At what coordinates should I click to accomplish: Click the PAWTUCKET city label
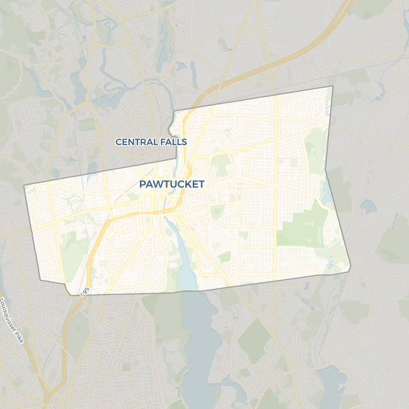[171, 184]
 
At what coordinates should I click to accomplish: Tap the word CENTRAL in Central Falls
[133, 141]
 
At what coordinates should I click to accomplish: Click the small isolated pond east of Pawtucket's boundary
[368, 206]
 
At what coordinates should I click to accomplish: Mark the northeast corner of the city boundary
[332, 86]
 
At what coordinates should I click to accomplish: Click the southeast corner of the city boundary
[350, 272]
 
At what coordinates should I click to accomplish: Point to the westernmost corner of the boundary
[24, 186]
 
